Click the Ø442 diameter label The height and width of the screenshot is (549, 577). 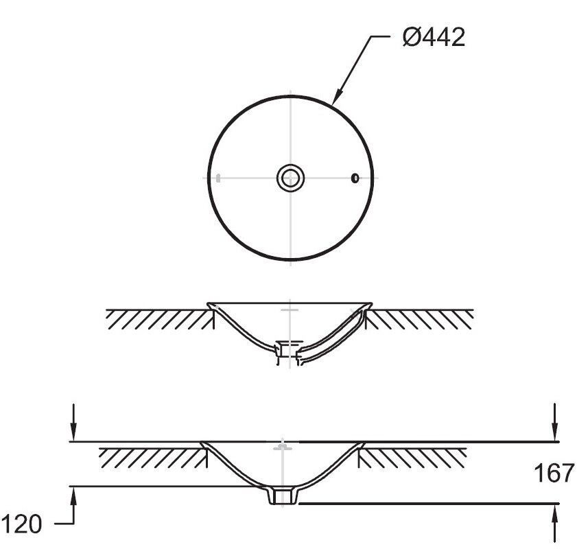point(434,37)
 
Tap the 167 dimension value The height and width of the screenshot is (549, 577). point(554,474)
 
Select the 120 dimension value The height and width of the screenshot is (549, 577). point(22,524)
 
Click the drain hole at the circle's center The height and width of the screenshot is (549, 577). point(291,178)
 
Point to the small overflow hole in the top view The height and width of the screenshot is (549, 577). point(355,178)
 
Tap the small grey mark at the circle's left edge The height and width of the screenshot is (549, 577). point(218,178)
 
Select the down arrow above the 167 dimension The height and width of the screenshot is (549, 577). point(555,422)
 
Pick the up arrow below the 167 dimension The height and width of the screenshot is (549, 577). point(555,522)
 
